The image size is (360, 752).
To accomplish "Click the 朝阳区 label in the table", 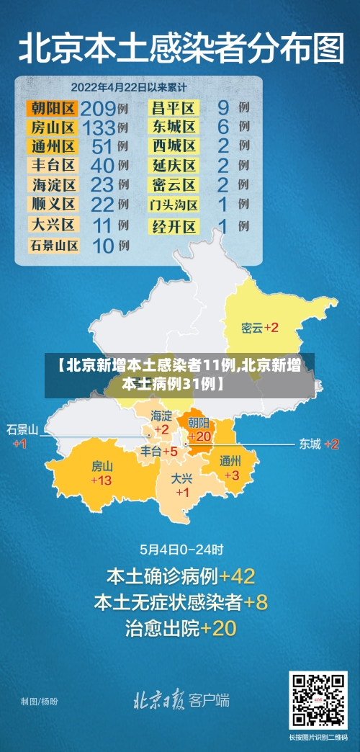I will (x=52, y=109).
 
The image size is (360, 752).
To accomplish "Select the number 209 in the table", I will (x=98, y=109).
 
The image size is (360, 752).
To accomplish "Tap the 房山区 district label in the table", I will (x=52, y=128).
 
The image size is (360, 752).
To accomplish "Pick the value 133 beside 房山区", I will (x=98, y=128).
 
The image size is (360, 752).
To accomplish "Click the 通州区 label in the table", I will (x=52, y=147).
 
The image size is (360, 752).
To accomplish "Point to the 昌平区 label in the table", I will (x=174, y=109).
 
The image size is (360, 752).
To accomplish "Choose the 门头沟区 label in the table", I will (x=174, y=205).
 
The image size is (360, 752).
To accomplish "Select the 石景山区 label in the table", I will (x=53, y=245).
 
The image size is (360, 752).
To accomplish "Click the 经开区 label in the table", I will (x=174, y=226).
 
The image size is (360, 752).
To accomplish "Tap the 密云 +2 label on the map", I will (x=260, y=328).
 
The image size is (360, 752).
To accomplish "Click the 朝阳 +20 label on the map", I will (x=199, y=429).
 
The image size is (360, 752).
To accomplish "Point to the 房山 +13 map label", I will (x=102, y=473).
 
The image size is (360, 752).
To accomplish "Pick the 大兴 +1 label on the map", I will (x=182, y=485).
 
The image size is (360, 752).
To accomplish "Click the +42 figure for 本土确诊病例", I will (x=237, y=576).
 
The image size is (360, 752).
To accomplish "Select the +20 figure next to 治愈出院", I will (x=218, y=628).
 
